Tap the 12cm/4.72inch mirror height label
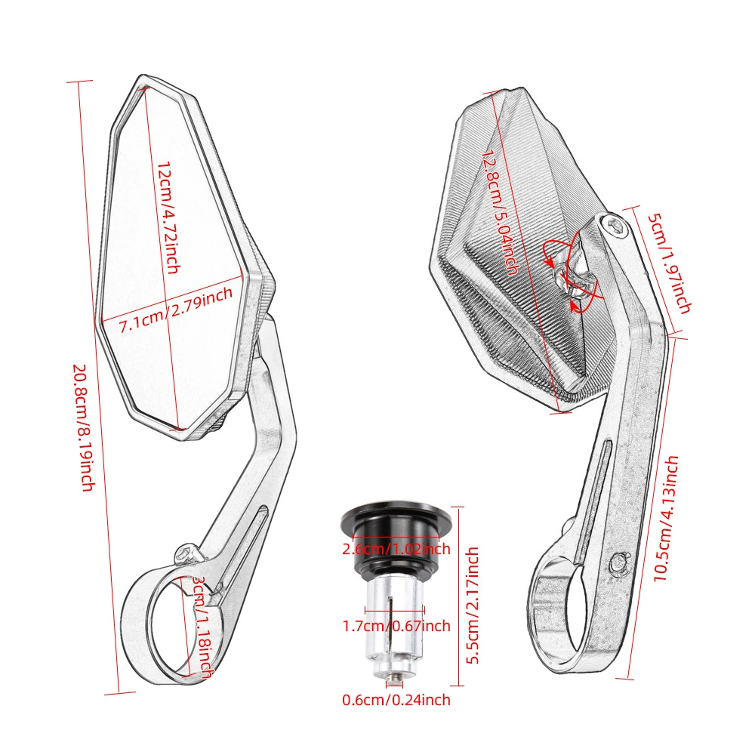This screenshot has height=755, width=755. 169,217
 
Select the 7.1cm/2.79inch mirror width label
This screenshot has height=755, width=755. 176,310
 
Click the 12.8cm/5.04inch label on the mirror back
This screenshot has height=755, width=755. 501,212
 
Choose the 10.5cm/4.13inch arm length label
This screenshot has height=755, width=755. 666,519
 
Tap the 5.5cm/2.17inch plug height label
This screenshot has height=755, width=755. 473,606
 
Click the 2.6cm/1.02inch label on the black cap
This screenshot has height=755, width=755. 396,548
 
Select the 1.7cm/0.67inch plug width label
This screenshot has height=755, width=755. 396,626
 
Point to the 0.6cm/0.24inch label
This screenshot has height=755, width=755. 396,699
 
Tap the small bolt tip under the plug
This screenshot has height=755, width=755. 394,678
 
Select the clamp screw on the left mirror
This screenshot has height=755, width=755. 187,554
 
